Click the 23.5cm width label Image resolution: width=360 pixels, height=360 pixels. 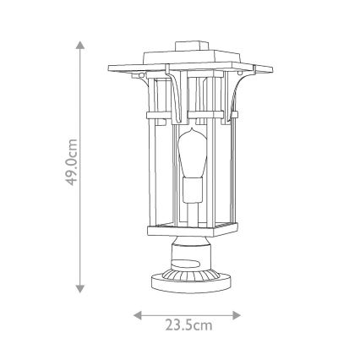(188, 325)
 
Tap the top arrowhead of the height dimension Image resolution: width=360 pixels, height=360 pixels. (81, 43)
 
